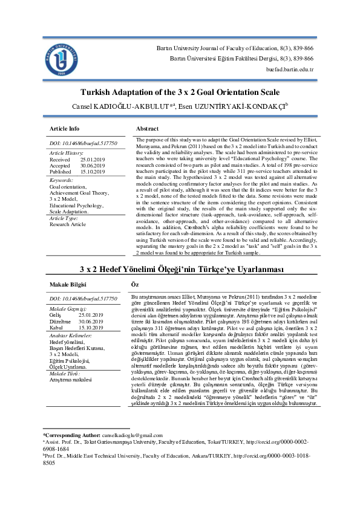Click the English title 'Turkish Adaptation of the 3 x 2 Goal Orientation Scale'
pyautogui.click(x=180, y=92)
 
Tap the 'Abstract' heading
pyautogui.click(x=148, y=129)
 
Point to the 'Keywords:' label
pyautogui.click(x=61, y=181)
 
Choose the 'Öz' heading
pyautogui.click(x=135, y=284)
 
